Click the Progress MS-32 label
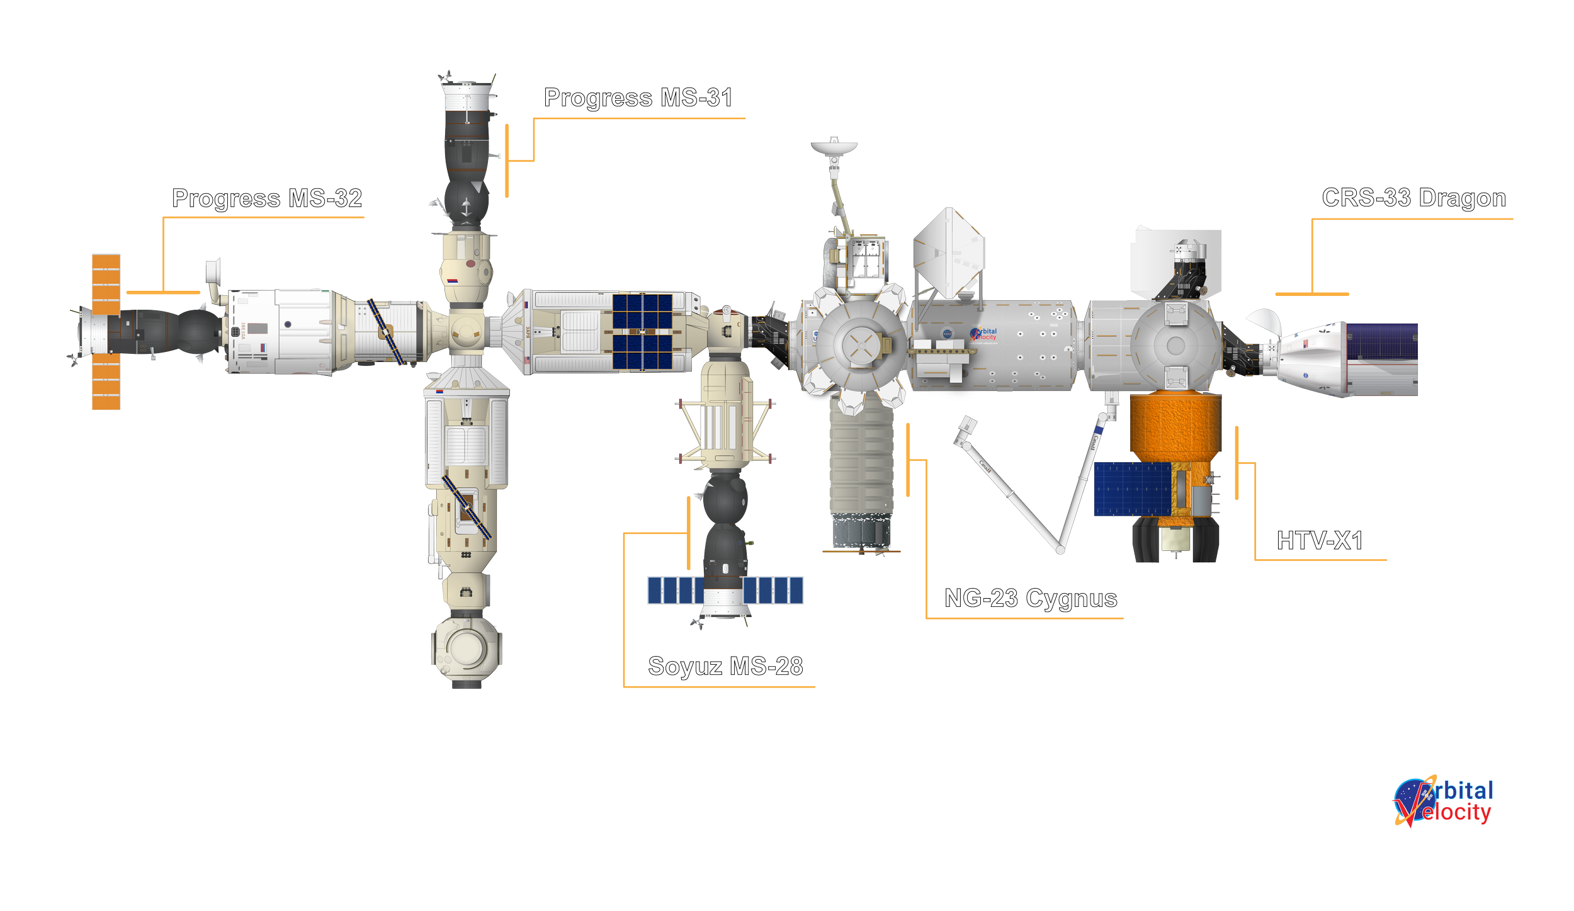click(268, 198)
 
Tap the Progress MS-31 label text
click(638, 98)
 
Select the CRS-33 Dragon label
click(1414, 198)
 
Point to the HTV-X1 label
click(1320, 541)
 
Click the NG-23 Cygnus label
click(1031, 598)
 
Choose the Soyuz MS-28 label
click(725, 666)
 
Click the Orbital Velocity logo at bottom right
click(1443, 803)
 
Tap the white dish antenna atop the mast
click(834, 148)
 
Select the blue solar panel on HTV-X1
click(1132, 489)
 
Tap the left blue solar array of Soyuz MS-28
click(676, 591)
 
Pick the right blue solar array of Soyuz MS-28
click(773, 591)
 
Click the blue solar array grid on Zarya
click(642, 331)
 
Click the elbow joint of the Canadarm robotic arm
click(1061, 550)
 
